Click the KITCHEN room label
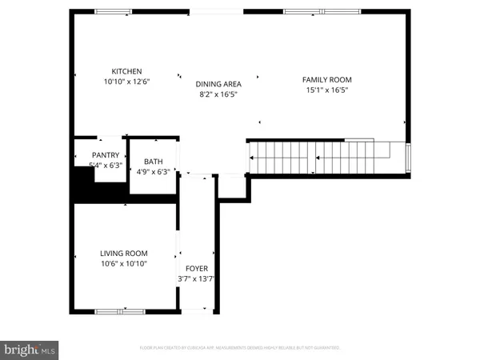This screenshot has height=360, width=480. pos(126,71)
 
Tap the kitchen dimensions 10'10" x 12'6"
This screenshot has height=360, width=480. pos(126,82)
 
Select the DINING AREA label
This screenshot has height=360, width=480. pos(218,83)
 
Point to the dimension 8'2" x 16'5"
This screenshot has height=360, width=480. pos(218,94)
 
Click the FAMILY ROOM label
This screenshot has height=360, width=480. pos(326,79)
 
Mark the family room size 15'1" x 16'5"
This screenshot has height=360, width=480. pos(326,90)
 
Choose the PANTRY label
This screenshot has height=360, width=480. pos(106,155)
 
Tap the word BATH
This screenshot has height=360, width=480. pos(153,161)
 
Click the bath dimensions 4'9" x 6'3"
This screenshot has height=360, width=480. pos(153,171)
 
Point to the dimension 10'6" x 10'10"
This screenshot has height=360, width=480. pos(124,263)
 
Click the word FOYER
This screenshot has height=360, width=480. pos(197,269)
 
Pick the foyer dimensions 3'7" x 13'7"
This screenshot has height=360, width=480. pos(197,279)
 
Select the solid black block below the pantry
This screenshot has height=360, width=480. pos(83,191)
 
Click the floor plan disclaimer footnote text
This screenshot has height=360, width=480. pos(240,348)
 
